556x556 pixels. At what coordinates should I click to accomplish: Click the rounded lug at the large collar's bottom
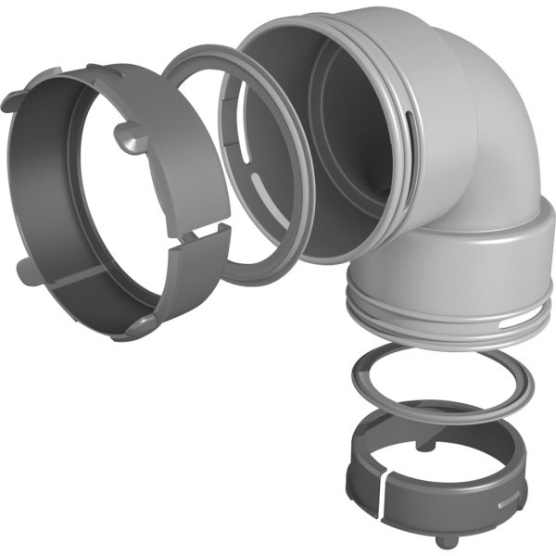pos(139,323)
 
